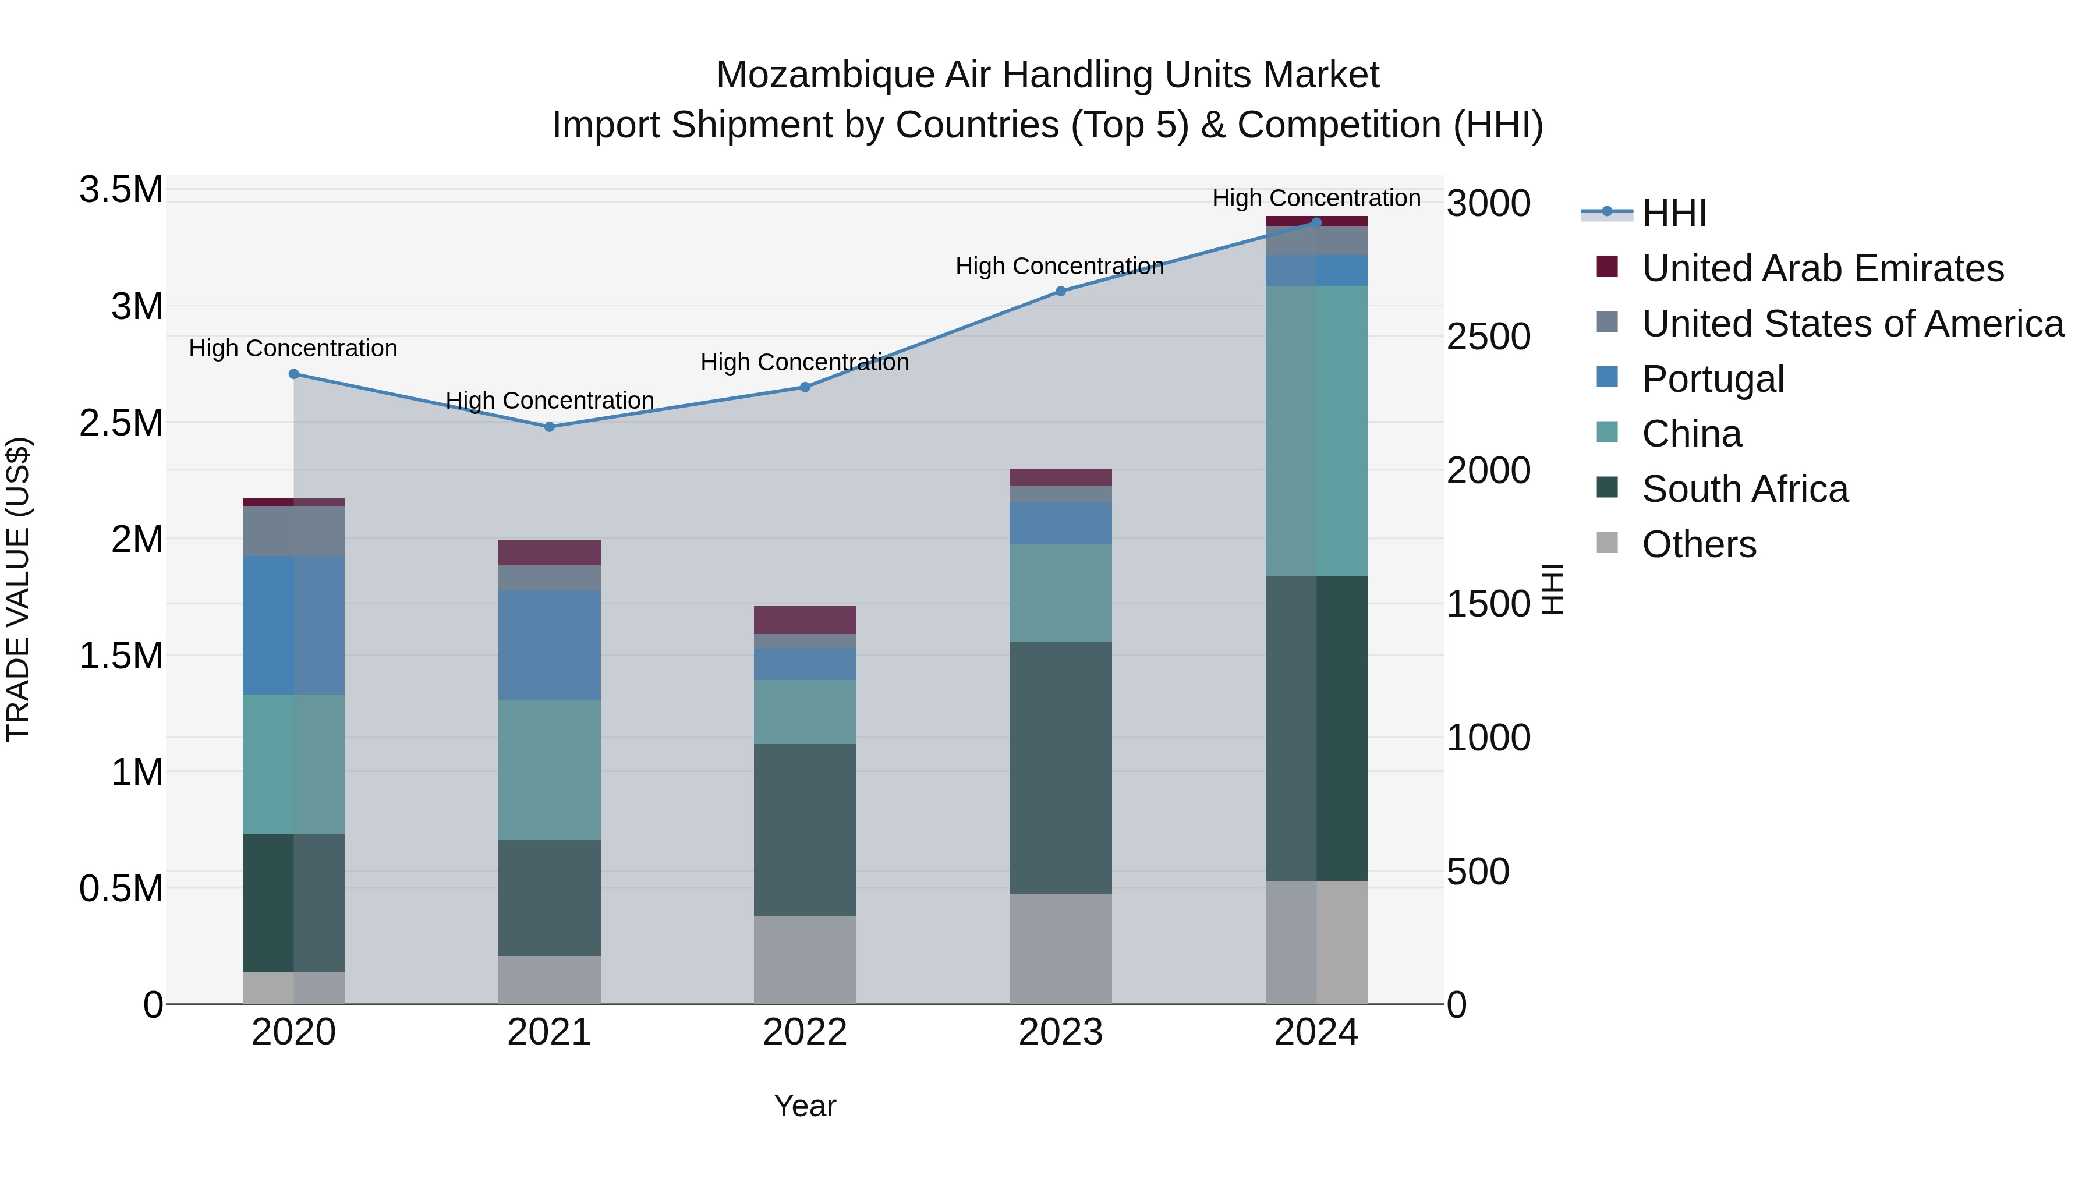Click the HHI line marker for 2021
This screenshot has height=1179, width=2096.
(549, 426)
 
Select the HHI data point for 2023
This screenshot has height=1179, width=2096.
(1060, 291)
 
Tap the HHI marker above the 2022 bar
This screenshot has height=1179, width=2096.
(805, 387)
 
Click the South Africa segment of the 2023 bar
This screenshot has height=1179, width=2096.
(1060, 767)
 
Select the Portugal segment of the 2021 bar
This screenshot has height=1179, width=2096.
(549, 645)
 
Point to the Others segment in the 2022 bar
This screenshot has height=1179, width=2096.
(805, 960)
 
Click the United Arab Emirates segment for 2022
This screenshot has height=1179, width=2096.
(805, 620)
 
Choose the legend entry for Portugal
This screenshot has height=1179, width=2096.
(1713, 379)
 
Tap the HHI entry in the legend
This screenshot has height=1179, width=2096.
(1674, 213)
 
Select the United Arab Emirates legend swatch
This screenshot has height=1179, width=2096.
(1607, 266)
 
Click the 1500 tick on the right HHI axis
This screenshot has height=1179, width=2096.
(1488, 604)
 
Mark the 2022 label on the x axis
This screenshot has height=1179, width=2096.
(805, 1032)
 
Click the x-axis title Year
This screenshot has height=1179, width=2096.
(805, 1106)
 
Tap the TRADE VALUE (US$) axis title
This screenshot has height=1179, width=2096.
(18, 589)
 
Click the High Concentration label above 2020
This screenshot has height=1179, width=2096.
(293, 348)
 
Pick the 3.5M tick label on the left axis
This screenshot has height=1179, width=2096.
(121, 190)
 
